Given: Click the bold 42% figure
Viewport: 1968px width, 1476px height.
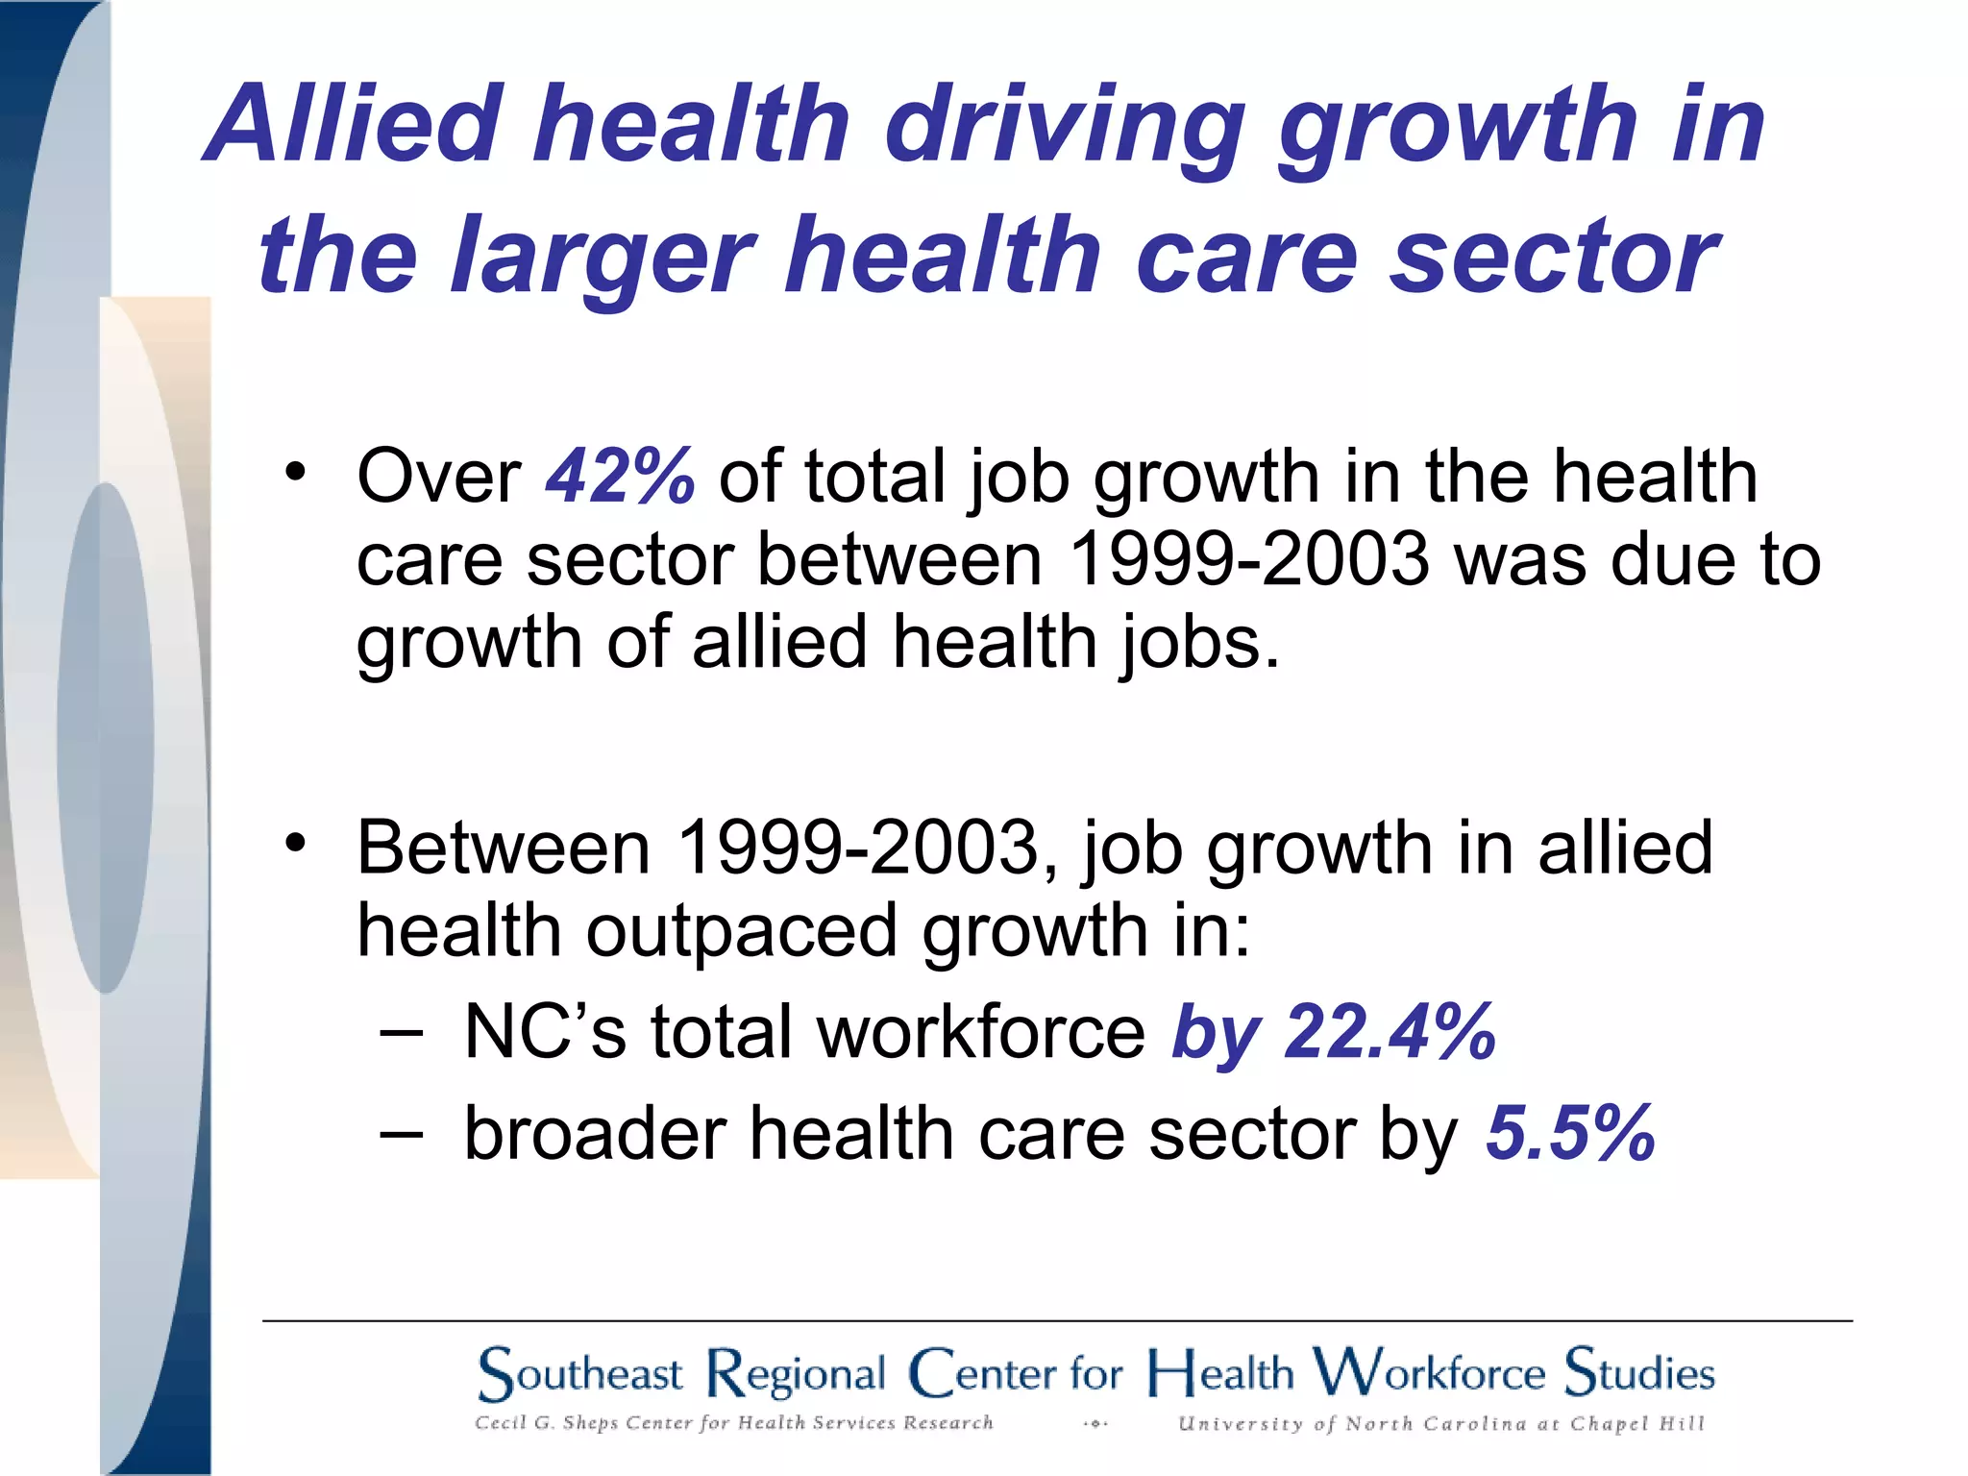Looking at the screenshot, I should point(620,476).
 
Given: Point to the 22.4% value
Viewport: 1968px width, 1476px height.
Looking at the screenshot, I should point(1390,1032).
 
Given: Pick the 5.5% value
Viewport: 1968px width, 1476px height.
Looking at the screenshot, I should point(1570,1134).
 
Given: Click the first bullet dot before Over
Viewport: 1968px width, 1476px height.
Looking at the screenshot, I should point(295,472).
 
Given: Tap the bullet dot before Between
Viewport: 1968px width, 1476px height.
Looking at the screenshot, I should point(295,844).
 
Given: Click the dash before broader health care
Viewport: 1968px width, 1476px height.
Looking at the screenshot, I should point(401,1134).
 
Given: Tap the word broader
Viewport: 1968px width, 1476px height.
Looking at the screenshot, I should point(595,1134).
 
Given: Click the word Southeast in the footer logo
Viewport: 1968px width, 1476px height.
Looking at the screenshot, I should point(580,1373).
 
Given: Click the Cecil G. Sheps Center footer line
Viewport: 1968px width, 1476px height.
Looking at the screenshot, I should point(733,1423).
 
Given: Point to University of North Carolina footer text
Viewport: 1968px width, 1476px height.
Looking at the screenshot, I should point(1440,1424).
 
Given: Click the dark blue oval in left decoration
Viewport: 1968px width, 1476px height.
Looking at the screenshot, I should point(105,738).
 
